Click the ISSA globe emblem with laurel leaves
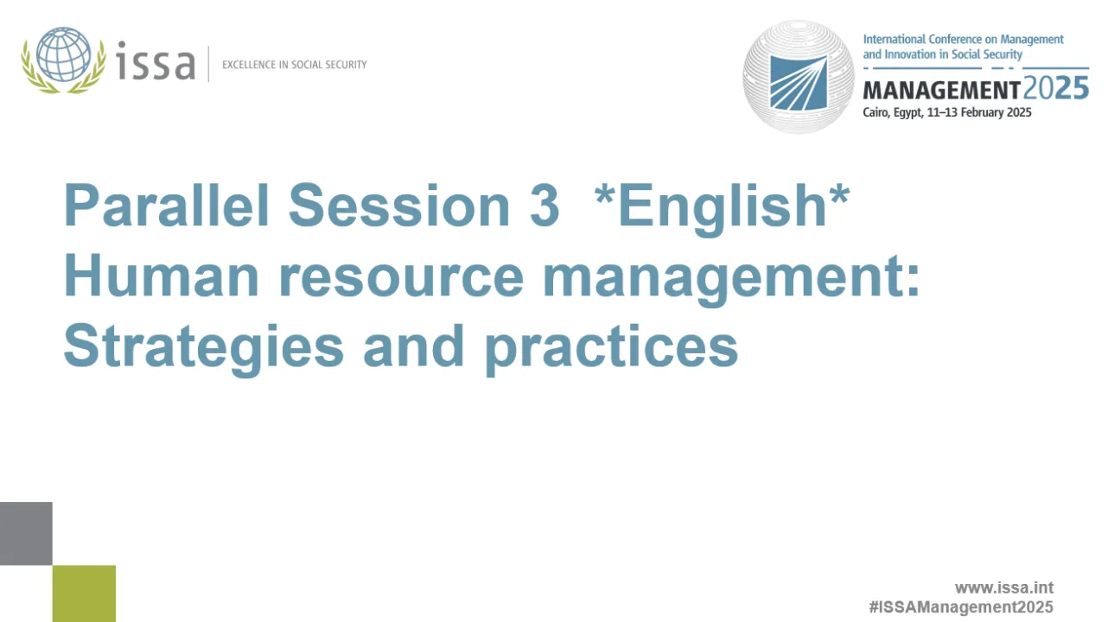[64, 60]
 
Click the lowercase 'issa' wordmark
[156, 62]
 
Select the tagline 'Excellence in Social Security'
[294, 65]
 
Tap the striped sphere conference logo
[798, 77]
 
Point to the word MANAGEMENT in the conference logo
[941, 90]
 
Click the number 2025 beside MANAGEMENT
[1055, 89]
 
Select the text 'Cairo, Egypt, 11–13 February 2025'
[946, 112]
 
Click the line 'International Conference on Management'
[963, 40]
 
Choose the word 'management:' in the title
[730, 278]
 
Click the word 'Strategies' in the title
[203, 347]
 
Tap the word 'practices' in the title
[610, 347]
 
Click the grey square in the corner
[26, 533]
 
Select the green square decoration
[84, 593]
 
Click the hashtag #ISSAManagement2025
[960, 606]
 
